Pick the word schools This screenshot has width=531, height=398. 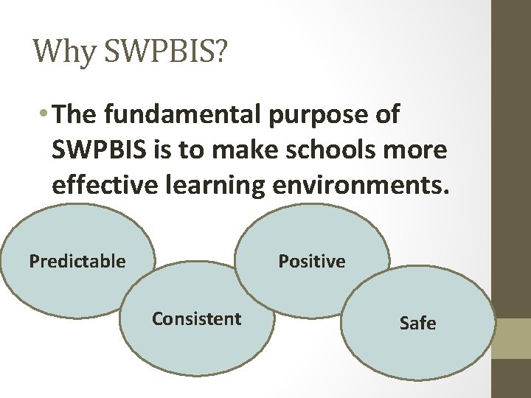click(x=352, y=150)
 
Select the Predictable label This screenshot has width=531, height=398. click(x=77, y=261)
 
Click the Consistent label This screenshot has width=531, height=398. click(x=196, y=318)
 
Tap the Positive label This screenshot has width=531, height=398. click(x=311, y=261)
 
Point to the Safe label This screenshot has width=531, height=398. click(x=417, y=323)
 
